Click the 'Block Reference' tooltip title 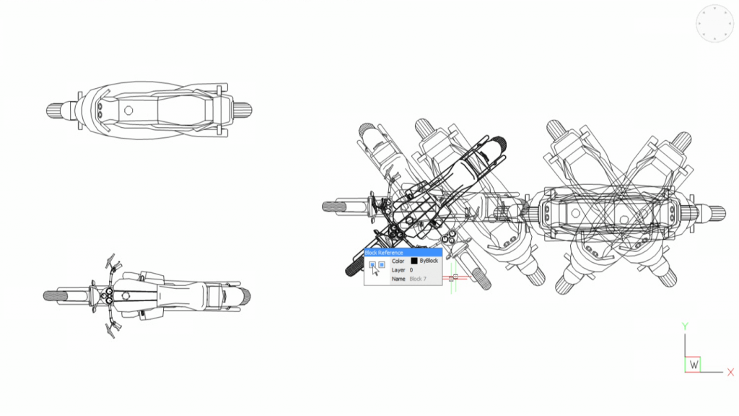[384, 253]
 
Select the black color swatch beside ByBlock [414, 261]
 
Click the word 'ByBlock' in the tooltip [429, 261]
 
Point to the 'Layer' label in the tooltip [398, 269]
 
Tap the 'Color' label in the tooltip [398, 261]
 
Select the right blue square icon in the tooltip [382, 265]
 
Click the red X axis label [730, 373]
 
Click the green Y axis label [684, 326]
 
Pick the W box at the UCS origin [694, 365]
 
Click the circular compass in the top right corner [714, 24]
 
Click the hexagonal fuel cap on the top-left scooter [128, 110]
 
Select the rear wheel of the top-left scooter [242, 110]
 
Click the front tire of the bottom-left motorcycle [54, 296]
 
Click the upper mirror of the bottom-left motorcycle [111, 261]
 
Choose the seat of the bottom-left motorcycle [180, 295]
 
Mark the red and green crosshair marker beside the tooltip [453, 277]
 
